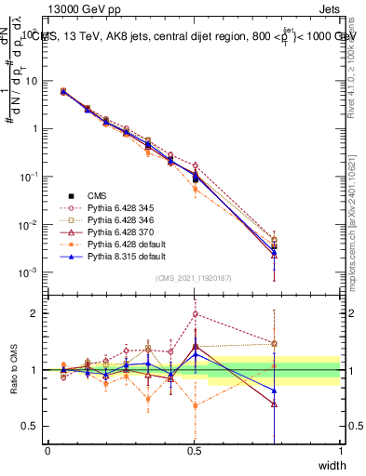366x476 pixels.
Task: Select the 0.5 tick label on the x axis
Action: (194, 450)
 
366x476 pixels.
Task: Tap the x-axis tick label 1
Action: (340, 450)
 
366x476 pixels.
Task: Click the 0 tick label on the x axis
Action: (47, 450)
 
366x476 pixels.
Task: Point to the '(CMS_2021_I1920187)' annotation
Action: (195, 277)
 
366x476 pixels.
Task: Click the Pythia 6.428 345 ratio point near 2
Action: (195, 313)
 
